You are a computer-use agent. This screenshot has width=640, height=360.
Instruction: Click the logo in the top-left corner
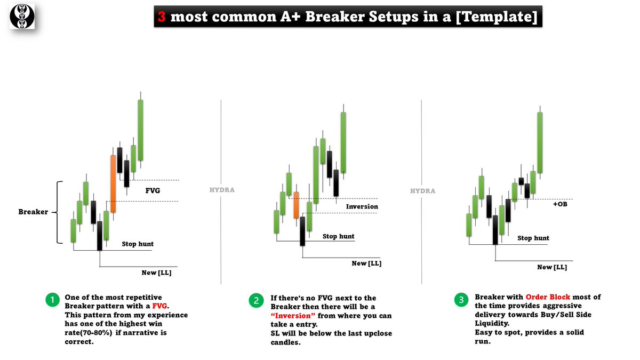[22, 16]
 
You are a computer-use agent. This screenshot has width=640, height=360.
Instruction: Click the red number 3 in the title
[161, 18]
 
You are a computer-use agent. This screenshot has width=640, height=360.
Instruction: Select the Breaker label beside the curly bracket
[33, 212]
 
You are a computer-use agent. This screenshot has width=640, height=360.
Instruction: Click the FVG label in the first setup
[153, 190]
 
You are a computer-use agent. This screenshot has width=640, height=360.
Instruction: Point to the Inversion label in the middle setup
[362, 206]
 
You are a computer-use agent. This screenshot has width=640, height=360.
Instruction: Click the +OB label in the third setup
[560, 203]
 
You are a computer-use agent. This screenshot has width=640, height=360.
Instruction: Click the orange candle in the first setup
[113, 184]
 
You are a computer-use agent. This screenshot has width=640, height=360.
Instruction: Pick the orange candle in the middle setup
[296, 205]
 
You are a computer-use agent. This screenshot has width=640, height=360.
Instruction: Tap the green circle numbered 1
[52, 301]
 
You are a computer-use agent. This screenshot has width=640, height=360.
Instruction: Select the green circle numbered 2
[256, 301]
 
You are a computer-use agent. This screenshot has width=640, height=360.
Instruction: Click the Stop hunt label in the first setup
[138, 244]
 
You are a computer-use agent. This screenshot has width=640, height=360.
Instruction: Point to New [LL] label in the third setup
[551, 267]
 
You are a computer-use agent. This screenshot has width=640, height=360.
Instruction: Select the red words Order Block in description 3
[548, 297]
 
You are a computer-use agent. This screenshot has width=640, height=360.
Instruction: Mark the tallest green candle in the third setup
[540, 142]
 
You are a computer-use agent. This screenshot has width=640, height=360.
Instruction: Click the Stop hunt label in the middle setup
[338, 236]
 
